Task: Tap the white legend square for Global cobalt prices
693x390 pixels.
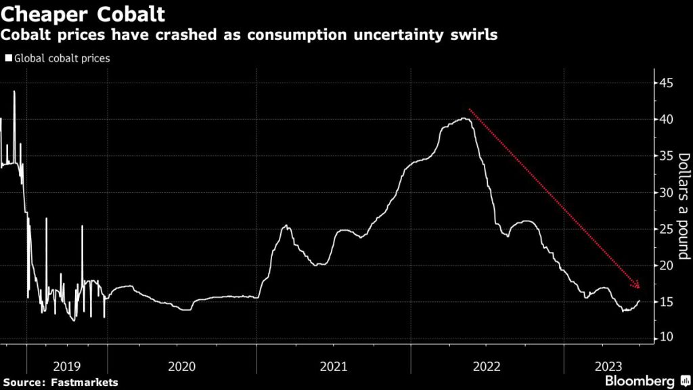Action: (9, 58)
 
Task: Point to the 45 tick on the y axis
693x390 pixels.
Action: (667, 83)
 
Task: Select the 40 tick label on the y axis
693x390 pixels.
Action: (667, 120)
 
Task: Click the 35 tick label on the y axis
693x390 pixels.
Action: (667, 156)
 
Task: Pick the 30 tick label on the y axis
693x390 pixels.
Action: (667, 193)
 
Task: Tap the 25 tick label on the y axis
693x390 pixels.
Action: (667, 230)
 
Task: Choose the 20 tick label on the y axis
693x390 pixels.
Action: (667, 266)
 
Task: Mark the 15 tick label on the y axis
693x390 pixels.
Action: (667, 303)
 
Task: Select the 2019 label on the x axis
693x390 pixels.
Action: (66, 366)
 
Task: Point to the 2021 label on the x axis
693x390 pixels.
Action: (333, 366)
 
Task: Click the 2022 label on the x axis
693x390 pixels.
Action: (486, 366)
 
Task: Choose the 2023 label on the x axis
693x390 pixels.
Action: (606, 366)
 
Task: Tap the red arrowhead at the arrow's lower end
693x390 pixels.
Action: (637, 285)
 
